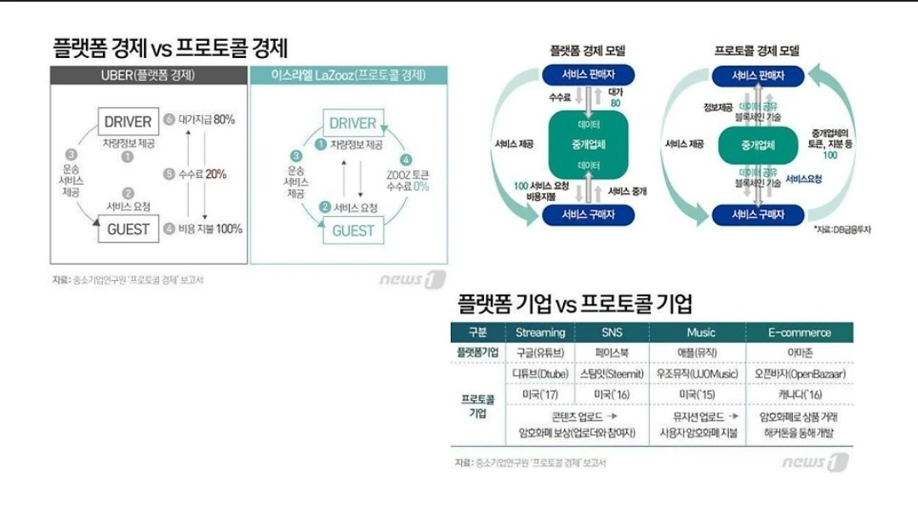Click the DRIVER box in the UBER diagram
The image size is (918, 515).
(x=128, y=122)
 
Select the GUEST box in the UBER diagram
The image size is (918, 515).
(x=128, y=229)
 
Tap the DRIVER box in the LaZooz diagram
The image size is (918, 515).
(x=352, y=123)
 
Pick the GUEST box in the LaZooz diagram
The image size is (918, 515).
(x=352, y=231)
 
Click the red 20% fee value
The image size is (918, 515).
(x=215, y=174)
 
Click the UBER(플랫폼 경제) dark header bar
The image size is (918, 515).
(x=148, y=75)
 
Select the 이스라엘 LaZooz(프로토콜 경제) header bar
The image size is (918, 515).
(x=349, y=75)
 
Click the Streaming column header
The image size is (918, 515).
(x=540, y=332)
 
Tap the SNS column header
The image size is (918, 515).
(x=612, y=332)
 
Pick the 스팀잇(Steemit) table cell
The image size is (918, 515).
(x=612, y=374)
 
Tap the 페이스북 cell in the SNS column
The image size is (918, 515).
(x=612, y=352)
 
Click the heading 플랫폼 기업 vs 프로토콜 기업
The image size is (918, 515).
(x=575, y=303)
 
